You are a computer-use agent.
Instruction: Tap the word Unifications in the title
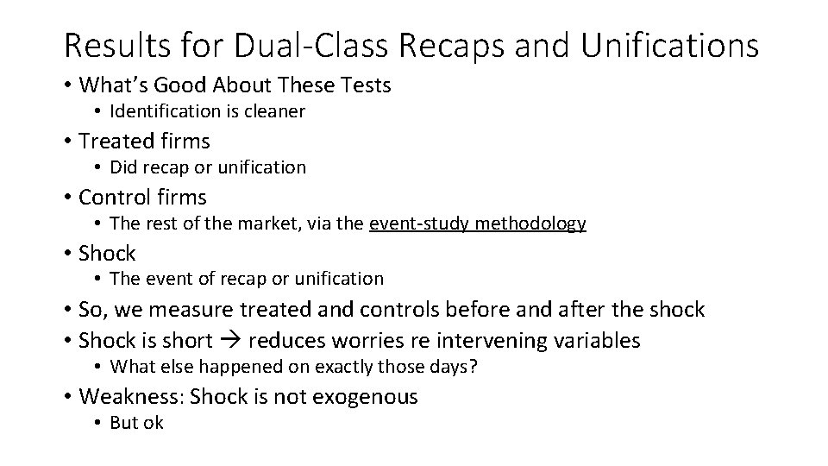pos(670,45)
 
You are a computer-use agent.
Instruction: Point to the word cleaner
pos(276,110)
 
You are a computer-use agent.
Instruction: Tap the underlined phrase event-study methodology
pos(477,223)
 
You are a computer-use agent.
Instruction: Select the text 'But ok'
pos(136,422)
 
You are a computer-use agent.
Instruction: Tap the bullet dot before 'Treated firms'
pos(67,141)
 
